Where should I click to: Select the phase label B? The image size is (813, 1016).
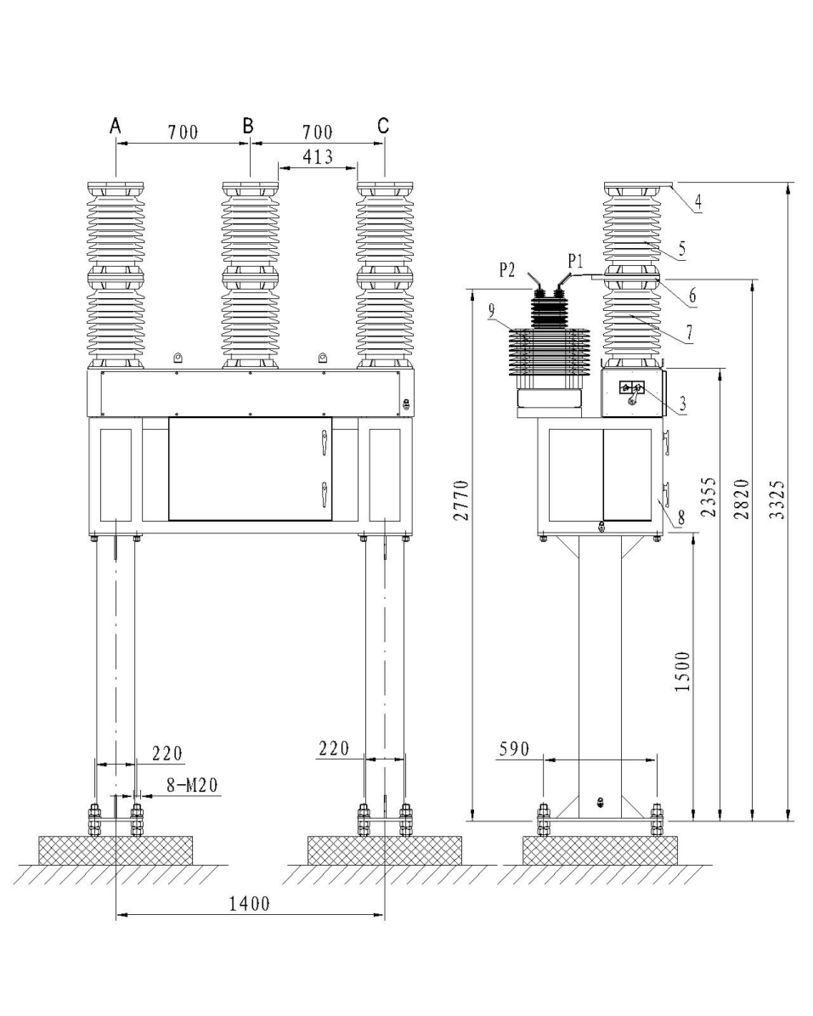248,126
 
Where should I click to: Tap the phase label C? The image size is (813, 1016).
383,126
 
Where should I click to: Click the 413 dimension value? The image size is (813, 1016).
316,156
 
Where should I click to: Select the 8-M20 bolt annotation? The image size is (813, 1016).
192,786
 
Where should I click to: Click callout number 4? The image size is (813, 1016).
697,201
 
